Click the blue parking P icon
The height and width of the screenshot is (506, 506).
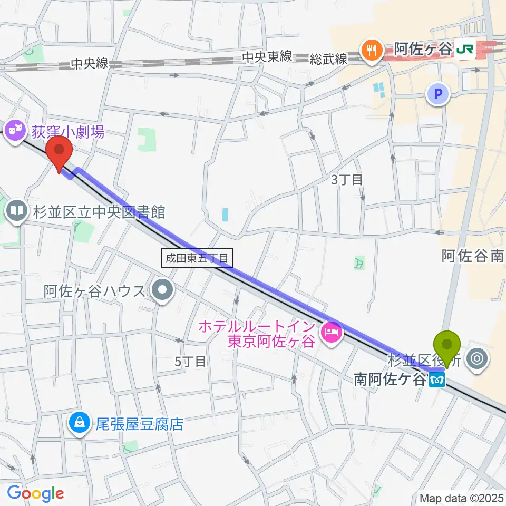click(437, 94)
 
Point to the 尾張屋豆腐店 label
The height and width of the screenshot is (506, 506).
click(139, 424)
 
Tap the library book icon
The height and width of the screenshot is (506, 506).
click(17, 211)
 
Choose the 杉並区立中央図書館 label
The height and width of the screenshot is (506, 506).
click(99, 212)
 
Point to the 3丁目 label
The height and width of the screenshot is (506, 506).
click(346, 179)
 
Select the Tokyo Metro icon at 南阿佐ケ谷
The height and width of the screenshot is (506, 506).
click(436, 378)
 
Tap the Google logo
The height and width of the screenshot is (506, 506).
click(35, 493)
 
